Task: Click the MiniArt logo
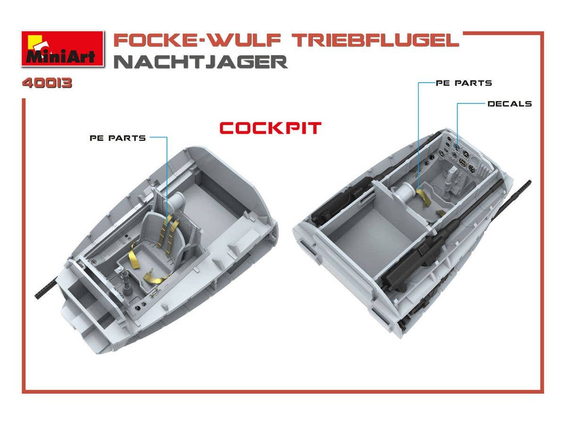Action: pyautogui.click(x=63, y=49)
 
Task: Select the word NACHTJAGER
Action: pyautogui.click(x=200, y=62)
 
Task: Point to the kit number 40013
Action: pyautogui.click(x=47, y=83)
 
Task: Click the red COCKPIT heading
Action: pyautogui.click(x=270, y=128)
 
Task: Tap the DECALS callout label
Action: pyautogui.click(x=509, y=104)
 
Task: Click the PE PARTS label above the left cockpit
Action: pyautogui.click(x=117, y=138)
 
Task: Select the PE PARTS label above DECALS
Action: pyautogui.click(x=464, y=83)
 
